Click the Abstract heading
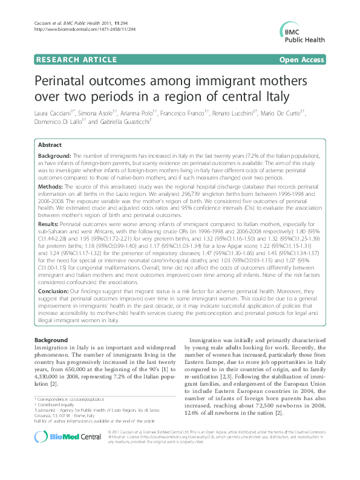[49, 145]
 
